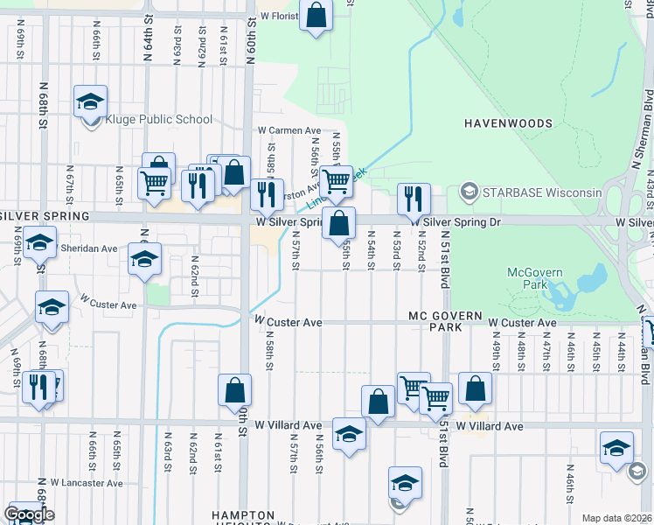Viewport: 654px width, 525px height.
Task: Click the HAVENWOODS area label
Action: tap(507, 123)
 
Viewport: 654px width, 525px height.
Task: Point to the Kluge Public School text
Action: tap(158, 120)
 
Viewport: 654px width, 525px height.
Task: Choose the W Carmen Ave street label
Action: tap(289, 130)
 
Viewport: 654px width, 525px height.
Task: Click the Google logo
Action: tap(29, 514)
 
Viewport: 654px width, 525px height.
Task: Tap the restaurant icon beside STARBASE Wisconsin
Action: tap(414, 199)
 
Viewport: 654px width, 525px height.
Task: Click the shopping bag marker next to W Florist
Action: tap(317, 15)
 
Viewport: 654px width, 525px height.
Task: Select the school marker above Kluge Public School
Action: tap(90, 101)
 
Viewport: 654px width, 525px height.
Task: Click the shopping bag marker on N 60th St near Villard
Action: tap(235, 390)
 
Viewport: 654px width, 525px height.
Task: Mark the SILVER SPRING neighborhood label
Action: tap(45, 215)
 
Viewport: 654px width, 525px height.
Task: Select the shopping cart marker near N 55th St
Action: tap(336, 181)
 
